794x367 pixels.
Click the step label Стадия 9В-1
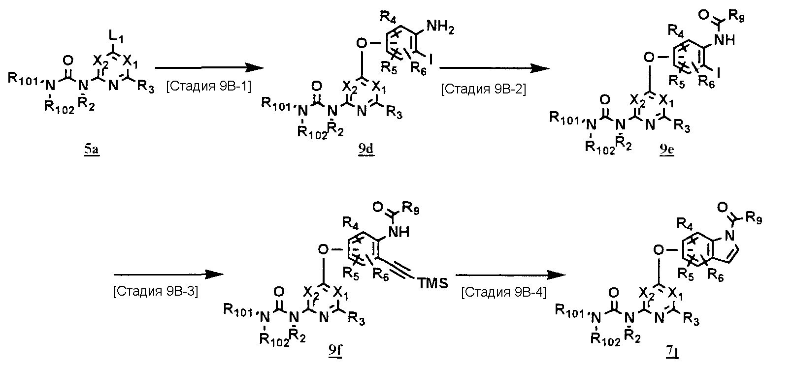(209, 87)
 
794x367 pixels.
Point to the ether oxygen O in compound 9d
(362, 42)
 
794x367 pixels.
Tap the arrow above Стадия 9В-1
(207, 68)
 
